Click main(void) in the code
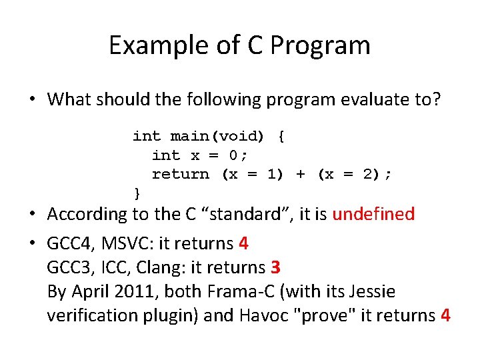pos(217,137)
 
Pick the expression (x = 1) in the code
pos(252,175)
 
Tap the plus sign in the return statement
pos(301,175)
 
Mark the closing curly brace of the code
pos(137,193)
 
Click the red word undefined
pos(373,214)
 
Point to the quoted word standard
pos(254,214)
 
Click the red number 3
pos(275,268)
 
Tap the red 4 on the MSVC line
pos(243,244)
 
